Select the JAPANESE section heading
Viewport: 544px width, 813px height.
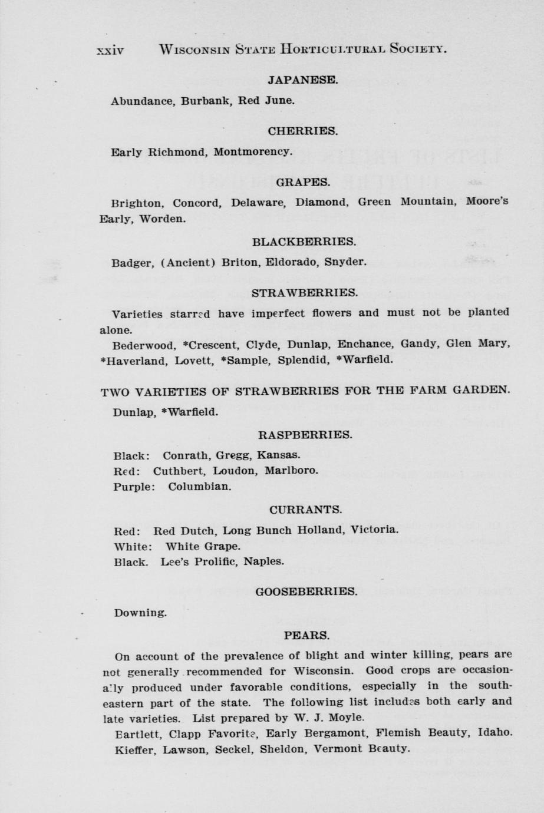click(302, 80)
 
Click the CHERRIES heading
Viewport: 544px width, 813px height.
click(302, 131)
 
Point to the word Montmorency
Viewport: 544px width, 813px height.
click(252, 151)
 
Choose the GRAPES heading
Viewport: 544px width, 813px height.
click(302, 182)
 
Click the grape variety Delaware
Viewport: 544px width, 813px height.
click(258, 203)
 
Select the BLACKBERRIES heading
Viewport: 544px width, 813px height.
click(304, 242)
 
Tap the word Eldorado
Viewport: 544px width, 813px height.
click(294, 262)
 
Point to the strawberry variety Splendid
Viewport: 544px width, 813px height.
click(301, 359)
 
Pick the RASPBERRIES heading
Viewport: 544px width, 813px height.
click(305, 435)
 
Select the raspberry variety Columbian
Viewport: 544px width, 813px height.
click(199, 487)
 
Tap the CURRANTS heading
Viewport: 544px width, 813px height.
click(305, 509)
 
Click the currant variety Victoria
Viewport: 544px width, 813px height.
click(374, 529)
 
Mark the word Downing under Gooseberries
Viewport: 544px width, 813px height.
click(140, 613)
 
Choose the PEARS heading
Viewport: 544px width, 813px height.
click(306, 636)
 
